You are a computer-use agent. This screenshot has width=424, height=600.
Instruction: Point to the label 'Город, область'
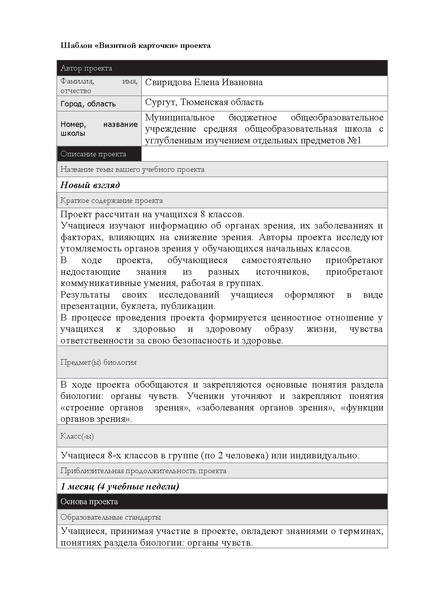pos(87,103)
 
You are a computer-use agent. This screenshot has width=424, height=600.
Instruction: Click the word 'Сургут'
pos(162,103)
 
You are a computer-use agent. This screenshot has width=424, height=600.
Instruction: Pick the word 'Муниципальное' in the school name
pos(184,118)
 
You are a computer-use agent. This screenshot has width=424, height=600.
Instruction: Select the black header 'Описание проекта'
pos(92,155)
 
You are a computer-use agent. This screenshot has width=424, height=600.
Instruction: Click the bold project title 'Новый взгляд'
pos(91,185)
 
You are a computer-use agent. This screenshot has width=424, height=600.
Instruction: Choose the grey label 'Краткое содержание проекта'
pos(111,200)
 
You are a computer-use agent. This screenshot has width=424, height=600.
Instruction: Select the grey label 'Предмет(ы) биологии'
pos(98,362)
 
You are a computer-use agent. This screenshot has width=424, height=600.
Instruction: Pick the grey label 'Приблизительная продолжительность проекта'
pos(142,469)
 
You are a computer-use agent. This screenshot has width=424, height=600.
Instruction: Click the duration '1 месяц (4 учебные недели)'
pos(120,485)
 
